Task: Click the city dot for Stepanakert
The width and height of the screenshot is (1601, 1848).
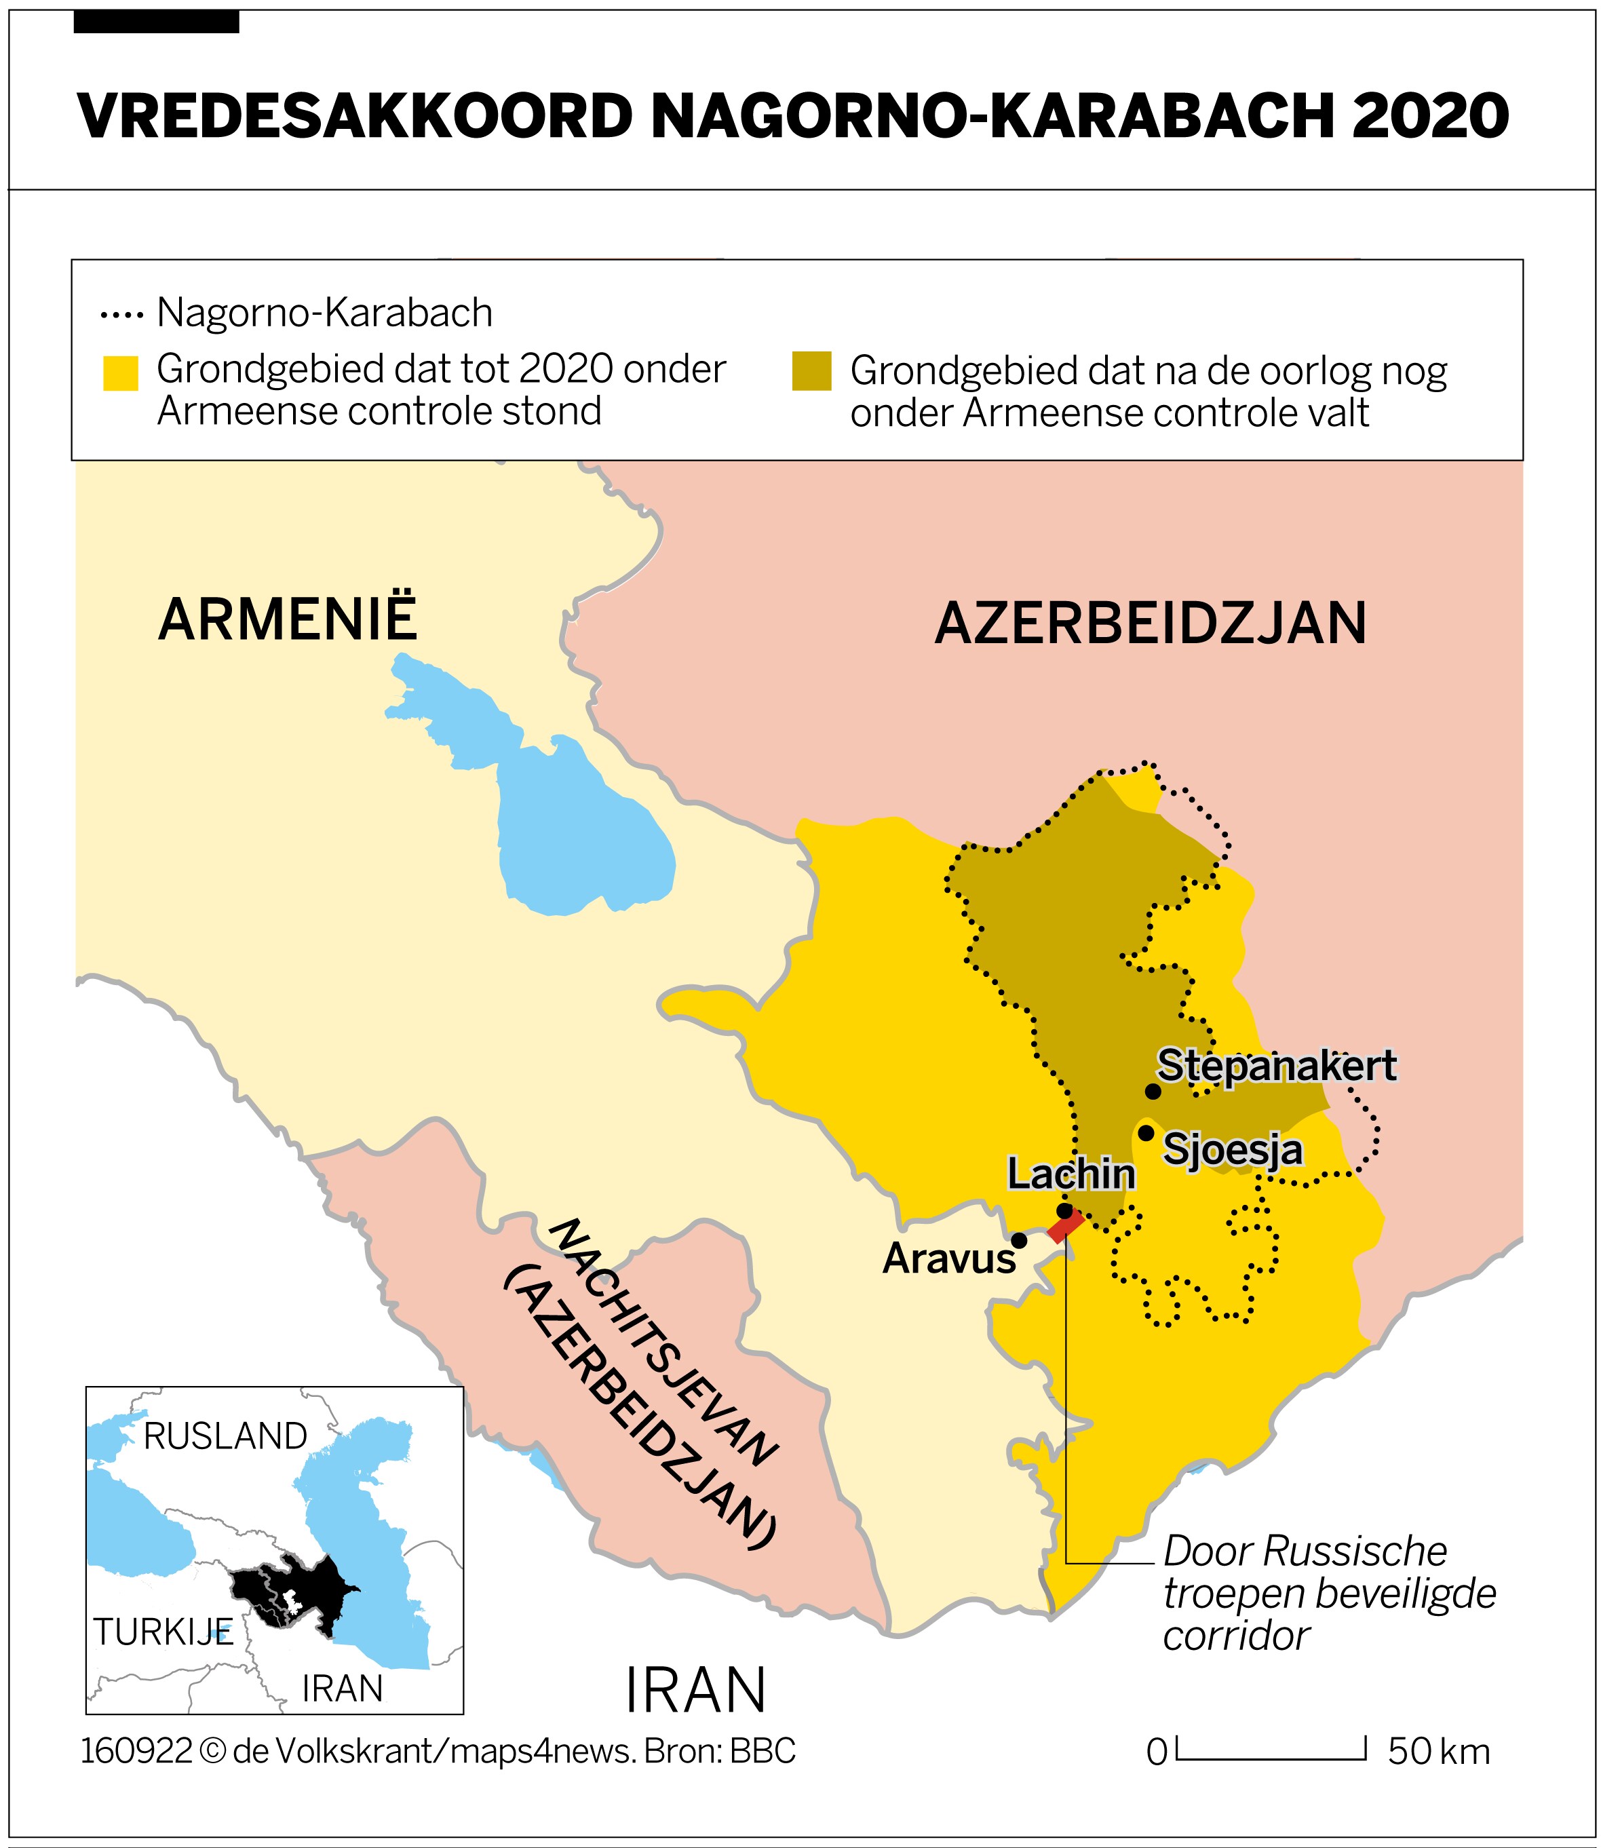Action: pos(1153,1091)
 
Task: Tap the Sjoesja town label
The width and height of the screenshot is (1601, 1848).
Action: pos(1232,1149)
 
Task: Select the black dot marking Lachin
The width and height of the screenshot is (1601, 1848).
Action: pos(1064,1211)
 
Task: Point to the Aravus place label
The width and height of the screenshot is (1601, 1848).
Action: pos(949,1259)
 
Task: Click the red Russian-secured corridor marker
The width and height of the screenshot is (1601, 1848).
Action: pos(1065,1226)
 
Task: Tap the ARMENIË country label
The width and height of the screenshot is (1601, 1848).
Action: pos(288,619)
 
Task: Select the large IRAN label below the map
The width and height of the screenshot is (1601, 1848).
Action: pos(695,1690)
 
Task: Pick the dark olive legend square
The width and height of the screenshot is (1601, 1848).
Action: pos(811,372)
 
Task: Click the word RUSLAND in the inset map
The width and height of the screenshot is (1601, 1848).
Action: pos(225,1437)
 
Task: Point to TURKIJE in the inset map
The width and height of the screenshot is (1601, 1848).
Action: pos(163,1633)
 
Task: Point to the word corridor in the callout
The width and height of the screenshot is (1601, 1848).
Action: pos(1235,1636)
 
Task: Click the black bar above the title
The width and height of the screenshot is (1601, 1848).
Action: pos(156,22)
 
